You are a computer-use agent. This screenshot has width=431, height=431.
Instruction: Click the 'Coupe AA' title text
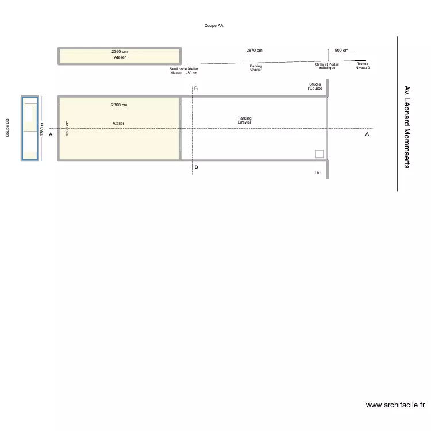(214, 26)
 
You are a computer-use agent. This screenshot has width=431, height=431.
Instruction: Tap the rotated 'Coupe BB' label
(7, 128)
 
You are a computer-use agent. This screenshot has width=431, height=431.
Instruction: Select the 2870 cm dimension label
(254, 51)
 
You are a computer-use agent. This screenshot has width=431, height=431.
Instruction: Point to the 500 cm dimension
(341, 51)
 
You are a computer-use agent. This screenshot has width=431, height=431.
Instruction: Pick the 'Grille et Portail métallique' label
(327, 66)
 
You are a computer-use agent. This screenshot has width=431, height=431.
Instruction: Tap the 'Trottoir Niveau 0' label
(363, 66)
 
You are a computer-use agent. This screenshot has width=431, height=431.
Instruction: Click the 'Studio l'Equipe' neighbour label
(315, 86)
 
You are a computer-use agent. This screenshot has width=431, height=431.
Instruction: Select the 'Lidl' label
(318, 172)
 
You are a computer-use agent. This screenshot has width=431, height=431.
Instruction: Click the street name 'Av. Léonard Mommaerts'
(407, 127)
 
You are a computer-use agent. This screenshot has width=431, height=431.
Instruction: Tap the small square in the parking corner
(320, 153)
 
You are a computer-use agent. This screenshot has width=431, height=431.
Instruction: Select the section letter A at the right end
(367, 134)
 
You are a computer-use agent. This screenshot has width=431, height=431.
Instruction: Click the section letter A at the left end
(51, 134)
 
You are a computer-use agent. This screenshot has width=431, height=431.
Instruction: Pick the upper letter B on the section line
(196, 88)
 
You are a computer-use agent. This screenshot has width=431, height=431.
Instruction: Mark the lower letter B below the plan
(196, 167)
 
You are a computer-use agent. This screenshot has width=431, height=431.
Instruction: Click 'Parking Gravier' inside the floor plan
(244, 120)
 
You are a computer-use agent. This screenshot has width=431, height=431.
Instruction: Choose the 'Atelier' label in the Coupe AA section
(120, 57)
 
